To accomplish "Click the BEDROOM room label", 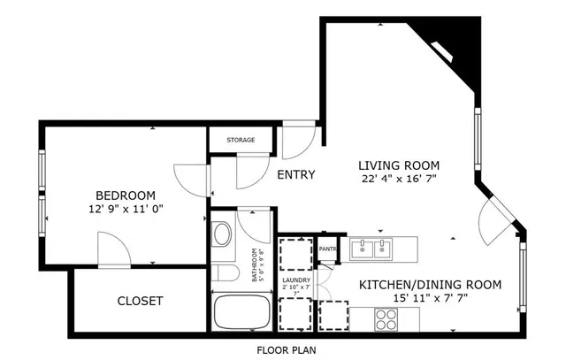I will [126, 195].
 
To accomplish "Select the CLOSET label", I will [141, 302].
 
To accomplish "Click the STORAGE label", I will [241, 141].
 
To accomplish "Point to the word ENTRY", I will [295, 175].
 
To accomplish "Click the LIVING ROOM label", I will [398, 165].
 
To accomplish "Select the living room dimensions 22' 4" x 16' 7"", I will [398, 179].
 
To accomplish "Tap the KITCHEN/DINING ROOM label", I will [430, 285].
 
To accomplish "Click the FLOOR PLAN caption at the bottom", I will [286, 349].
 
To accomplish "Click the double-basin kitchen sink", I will [371, 249].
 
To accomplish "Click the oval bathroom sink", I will [221, 235].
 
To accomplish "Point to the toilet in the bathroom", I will [222, 272].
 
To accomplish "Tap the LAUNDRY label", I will [296, 283].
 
